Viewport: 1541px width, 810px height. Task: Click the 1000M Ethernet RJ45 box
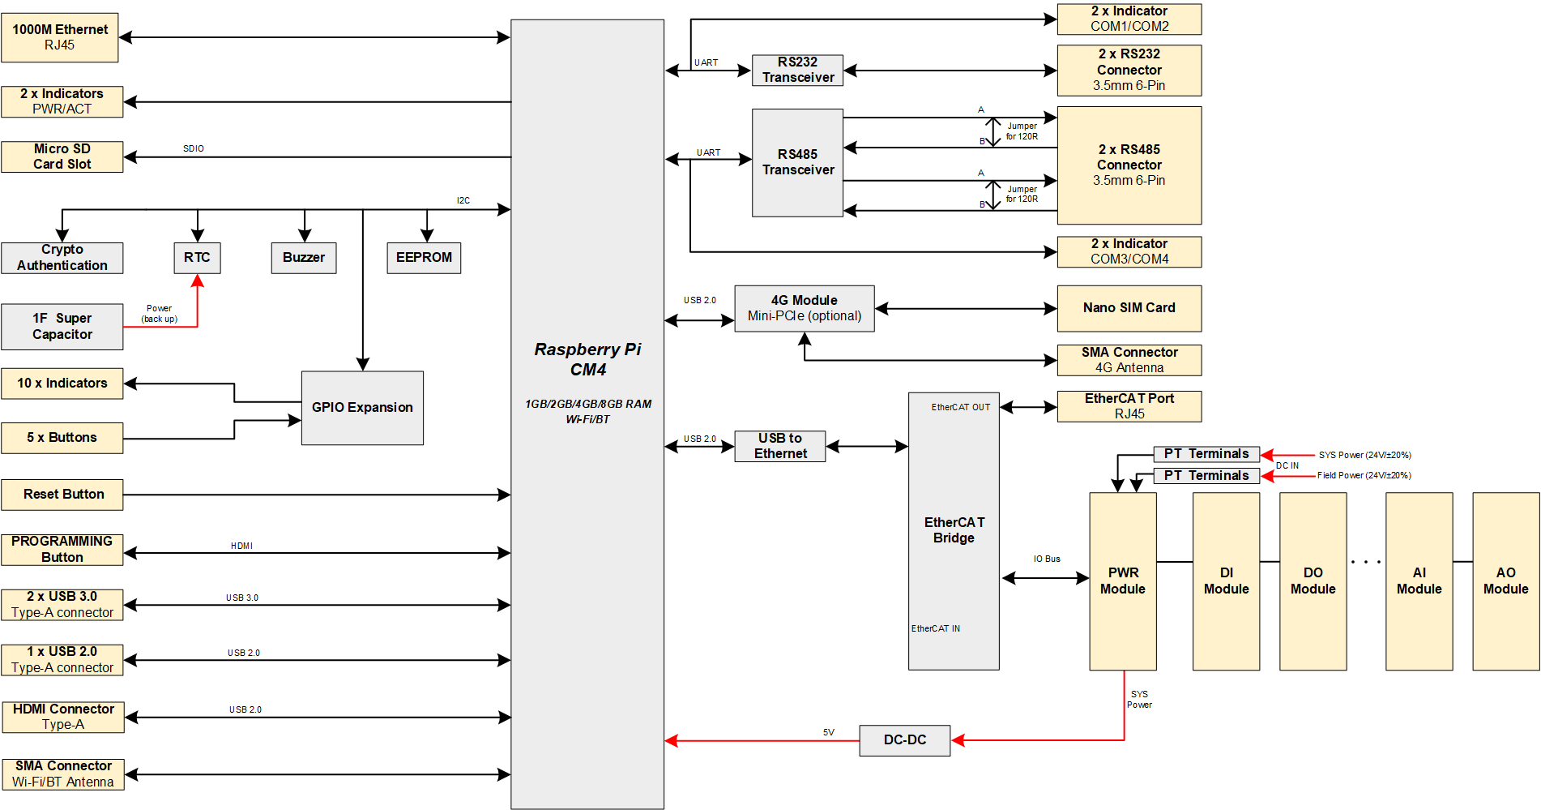(x=60, y=37)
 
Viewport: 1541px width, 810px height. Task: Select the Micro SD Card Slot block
(x=62, y=156)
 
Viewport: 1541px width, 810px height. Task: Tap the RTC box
(x=197, y=258)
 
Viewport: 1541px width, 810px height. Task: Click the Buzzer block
(x=304, y=258)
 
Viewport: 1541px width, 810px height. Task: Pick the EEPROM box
(x=424, y=258)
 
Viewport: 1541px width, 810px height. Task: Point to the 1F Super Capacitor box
(x=62, y=327)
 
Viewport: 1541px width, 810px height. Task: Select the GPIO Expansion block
(x=362, y=408)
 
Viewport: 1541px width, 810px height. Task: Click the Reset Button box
(x=62, y=495)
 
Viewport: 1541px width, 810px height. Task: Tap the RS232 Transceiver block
(x=797, y=70)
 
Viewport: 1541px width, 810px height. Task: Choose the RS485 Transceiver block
(x=797, y=162)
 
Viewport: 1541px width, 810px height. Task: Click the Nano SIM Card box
(x=1129, y=308)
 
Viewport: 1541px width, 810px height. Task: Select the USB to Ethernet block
(x=779, y=446)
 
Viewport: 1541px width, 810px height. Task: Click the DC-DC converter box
(x=904, y=740)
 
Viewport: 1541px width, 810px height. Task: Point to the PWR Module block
(x=1122, y=581)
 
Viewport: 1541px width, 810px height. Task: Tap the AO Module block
(x=1505, y=581)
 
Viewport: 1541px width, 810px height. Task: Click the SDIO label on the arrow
(x=194, y=148)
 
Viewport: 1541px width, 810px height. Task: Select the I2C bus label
(x=463, y=200)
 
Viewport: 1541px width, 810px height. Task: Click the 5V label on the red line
(x=828, y=732)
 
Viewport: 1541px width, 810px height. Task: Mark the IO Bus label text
(x=1047, y=559)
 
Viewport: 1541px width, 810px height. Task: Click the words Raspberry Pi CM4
(x=587, y=359)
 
